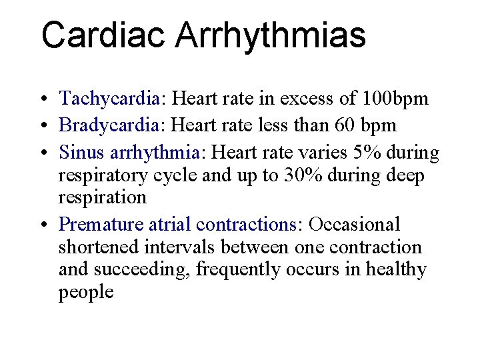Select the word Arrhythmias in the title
(x=271, y=35)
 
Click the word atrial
(x=163, y=223)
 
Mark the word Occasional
(x=355, y=223)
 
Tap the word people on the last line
(x=86, y=293)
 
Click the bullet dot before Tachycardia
(x=43, y=100)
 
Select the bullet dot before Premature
(x=43, y=224)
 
